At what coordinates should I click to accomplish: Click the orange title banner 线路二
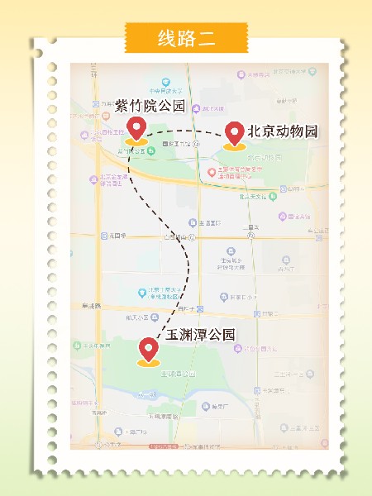[186, 37]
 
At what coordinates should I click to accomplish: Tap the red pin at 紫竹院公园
[137, 129]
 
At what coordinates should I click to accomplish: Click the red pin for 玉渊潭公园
[149, 349]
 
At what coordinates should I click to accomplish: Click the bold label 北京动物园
[282, 132]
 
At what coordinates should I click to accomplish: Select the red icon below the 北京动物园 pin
[212, 173]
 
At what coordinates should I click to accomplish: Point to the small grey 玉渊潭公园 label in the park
[177, 374]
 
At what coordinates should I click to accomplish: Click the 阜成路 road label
[89, 306]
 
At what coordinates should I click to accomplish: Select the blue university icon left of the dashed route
[141, 292]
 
